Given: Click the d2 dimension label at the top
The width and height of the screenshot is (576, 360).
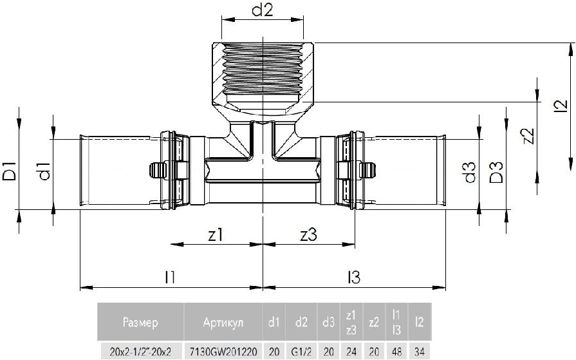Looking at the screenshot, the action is coord(263,11).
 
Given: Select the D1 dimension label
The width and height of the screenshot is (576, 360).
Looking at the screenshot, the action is coord(10,171).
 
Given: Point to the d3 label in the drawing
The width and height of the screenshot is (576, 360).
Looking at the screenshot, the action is coord(470,173).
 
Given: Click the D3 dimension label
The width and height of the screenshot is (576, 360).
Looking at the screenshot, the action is coord(496,173).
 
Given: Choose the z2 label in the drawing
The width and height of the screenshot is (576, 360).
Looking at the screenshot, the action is coord(528,136).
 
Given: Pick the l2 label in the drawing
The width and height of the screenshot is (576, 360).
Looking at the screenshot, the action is coord(561,106).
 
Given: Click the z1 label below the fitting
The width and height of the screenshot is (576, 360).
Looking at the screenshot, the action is coord(216,234).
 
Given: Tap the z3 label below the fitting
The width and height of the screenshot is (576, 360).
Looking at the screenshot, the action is coord(308,234).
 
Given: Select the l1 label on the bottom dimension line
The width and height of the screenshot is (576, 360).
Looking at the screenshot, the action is coord(170,277).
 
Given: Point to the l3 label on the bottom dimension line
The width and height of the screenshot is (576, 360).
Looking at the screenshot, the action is coord(354,277).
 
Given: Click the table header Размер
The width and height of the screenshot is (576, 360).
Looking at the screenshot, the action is coord(140,323).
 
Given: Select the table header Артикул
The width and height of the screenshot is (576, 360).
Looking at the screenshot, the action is coord(223,323).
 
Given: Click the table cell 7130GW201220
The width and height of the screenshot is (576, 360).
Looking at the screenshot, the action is coord(223,352).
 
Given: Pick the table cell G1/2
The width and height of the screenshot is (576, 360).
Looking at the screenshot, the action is coord(301,352).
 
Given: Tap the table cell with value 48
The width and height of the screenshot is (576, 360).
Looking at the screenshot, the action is coord(396,352).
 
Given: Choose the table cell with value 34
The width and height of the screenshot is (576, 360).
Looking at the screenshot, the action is coord(419,352).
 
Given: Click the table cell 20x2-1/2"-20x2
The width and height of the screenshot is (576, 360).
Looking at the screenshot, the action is coord(140,352).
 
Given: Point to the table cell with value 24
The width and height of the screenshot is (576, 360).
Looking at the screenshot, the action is coord(351,352).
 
